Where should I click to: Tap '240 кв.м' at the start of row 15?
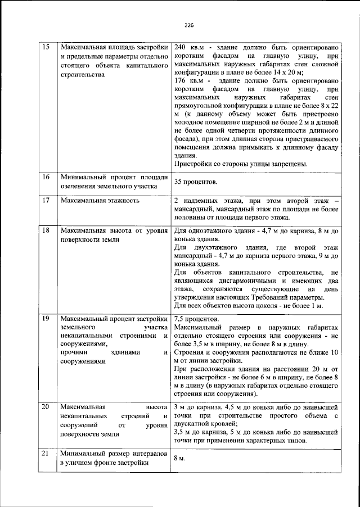(x=187, y=46)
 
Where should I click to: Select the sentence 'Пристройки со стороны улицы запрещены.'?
(x=240, y=164)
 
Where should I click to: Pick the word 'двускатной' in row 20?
(x=193, y=423)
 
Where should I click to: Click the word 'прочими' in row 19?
(x=73, y=353)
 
